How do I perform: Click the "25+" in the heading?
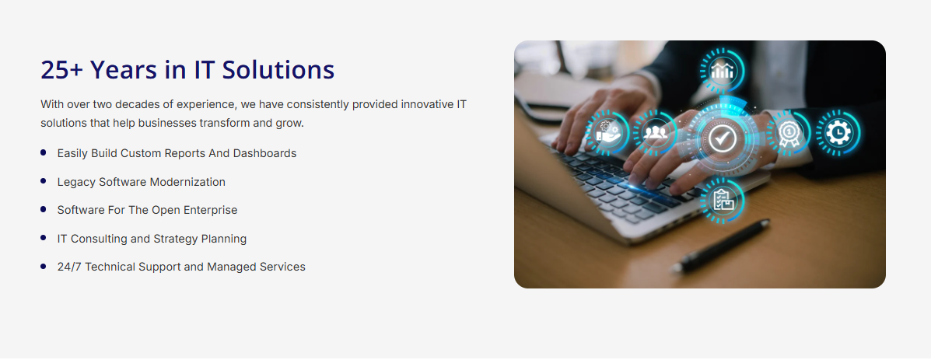pyautogui.click(x=61, y=70)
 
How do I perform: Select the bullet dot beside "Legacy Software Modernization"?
pyautogui.click(x=44, y=181)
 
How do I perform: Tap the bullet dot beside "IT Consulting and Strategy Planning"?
pyautogui.click(x=44, y=238)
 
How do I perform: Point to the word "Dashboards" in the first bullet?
pyautogui.click(x=264, y=153)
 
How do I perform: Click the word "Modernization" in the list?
pyautogui.click(x=187, y=182)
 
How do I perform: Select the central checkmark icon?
pyautogui.click(x=722, y=138)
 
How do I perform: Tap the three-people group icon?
pyautogui.click(x=655, y=132)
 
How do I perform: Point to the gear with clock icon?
pyautogui.click(x=838, y=132)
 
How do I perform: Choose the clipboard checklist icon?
pyautogui.click(x=723, y=201)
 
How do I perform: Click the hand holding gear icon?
pyautogui.click(x=607, y=131)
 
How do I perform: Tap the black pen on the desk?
pyautogui.click(x=720, y=246)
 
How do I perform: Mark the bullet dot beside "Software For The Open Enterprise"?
pyautogui.click(x=44, y=209)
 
